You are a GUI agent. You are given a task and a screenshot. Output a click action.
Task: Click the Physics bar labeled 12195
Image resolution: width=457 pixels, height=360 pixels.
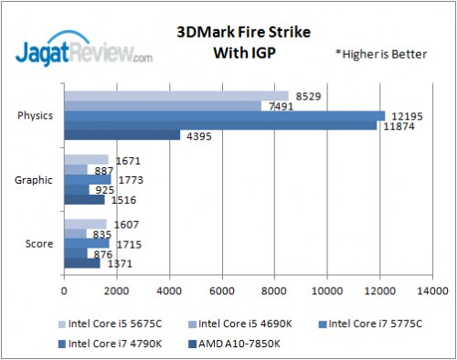[224, 115]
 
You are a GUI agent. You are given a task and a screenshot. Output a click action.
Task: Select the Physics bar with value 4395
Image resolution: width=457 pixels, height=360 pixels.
[122, 136]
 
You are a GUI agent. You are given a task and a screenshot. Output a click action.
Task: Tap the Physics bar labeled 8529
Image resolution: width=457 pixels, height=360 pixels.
[175, 95]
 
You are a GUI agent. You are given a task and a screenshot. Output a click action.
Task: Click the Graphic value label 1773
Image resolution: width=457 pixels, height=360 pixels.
[129, 179]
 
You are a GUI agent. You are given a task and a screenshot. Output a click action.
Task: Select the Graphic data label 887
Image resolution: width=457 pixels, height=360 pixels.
[103, 169]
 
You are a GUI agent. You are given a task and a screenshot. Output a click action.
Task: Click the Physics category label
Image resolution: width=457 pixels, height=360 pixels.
[34, 115]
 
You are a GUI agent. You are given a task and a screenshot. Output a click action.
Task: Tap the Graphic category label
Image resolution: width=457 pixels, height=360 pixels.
[34, 179]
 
